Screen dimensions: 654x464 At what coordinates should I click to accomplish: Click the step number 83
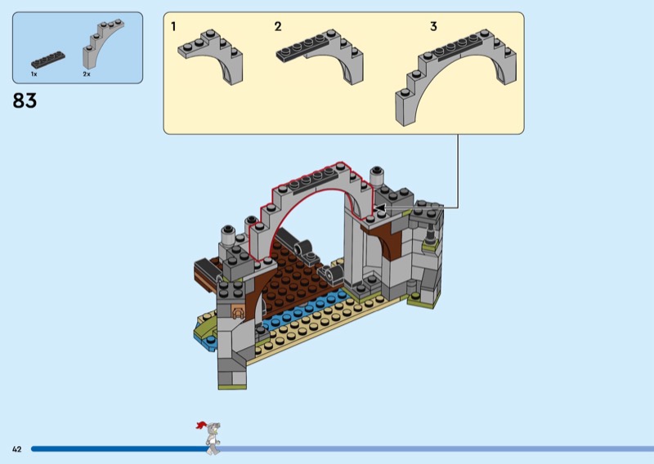click(25, 100)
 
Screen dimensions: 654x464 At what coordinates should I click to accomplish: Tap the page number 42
click(16, 449)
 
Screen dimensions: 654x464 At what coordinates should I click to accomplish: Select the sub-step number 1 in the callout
click(173, 27)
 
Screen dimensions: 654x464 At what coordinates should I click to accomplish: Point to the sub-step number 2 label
click(278, 27)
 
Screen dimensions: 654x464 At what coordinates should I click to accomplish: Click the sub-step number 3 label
click(433, 27)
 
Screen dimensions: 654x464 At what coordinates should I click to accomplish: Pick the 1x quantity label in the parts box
click(34, 74)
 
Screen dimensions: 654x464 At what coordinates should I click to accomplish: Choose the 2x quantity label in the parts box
click(87, 74)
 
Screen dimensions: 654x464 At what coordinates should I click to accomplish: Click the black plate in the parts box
click(48, 60)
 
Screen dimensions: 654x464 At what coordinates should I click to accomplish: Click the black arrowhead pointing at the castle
click(379, 207)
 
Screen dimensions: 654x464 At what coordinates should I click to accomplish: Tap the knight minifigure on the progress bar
click(211, 438)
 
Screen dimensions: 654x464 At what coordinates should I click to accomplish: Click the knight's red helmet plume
click(200, 426)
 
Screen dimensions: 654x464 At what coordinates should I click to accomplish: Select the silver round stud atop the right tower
click(377, 176)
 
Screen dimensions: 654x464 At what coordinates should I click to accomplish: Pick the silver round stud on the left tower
click(228, 235)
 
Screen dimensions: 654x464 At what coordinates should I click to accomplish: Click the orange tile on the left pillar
click(237, 311)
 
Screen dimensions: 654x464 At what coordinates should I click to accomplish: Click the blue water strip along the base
click(304, 310)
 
